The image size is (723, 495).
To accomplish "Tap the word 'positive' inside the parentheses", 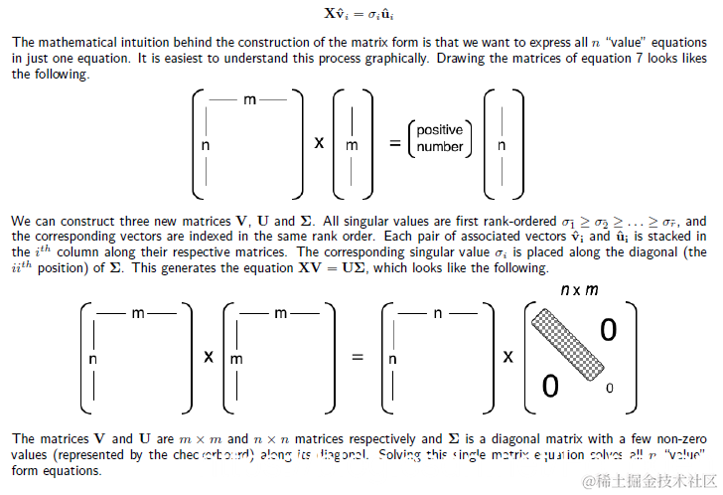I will (440, 130).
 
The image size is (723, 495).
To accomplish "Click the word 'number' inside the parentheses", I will (440, 147).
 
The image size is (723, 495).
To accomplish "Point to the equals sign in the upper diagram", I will (394, 142).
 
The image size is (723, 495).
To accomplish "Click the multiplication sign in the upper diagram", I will (319, 142).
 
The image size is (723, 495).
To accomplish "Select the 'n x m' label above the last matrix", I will (579, 290).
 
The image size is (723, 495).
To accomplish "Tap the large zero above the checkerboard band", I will (608, 330).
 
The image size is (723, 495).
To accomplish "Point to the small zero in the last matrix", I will (609, 388).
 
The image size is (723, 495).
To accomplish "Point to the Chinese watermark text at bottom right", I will (650, 481).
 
